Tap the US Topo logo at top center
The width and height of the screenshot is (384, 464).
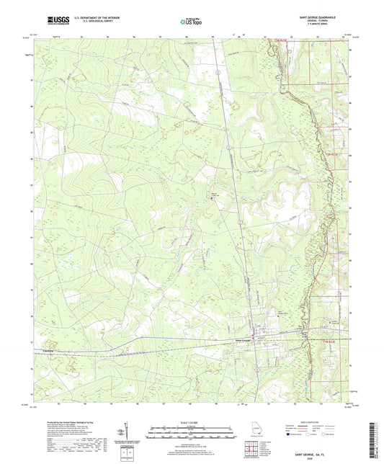(191, 22)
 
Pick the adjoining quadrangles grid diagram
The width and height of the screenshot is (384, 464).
(254, 450)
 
